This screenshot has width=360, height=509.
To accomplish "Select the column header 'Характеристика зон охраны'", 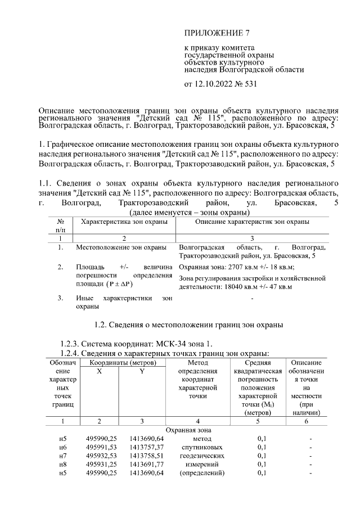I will (124, 223).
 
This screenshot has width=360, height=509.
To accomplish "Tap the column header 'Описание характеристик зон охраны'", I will (252, 223).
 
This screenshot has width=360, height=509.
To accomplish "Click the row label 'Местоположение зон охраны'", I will (120, 247).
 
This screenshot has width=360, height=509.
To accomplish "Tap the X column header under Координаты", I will (100, 372).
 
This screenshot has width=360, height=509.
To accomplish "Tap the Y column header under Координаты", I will (142, 372).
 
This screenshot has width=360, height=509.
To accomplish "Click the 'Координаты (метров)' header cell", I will (121, 363).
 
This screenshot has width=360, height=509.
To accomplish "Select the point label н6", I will (63, 447).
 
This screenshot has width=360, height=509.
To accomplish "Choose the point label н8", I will (63, 464).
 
